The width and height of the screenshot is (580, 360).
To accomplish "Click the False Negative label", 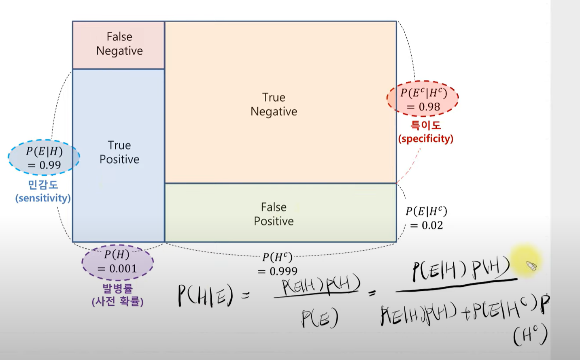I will tap(119, 44).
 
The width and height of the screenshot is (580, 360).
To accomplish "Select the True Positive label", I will tap(119, 152).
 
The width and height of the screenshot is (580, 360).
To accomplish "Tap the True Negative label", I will tap(274, 104).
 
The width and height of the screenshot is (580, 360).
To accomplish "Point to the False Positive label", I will tap(274, 214).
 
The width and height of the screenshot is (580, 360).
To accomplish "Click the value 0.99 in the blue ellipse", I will tap(50, 165).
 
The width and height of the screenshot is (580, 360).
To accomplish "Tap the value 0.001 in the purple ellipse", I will tap(123, 268).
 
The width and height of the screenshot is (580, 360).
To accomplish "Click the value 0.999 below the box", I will tap(283, 271).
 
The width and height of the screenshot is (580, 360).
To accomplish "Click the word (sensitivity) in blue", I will tap(43, 198).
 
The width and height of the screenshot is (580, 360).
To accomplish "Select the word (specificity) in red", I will tap(426, 138).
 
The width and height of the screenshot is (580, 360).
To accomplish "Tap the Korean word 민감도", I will tap(43, 185).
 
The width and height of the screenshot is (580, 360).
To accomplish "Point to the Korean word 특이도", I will tap(426, 125).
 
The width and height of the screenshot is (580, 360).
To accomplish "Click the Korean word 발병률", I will tap(117, 289).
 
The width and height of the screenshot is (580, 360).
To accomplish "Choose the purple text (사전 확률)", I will tap(117, 302).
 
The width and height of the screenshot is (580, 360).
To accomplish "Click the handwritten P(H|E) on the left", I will tap(206, 295).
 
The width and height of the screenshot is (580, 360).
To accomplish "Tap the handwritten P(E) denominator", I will tap(319, 318).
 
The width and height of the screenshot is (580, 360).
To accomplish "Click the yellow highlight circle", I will tap(525, 261).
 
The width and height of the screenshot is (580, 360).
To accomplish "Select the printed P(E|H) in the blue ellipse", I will tap(44, 151).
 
